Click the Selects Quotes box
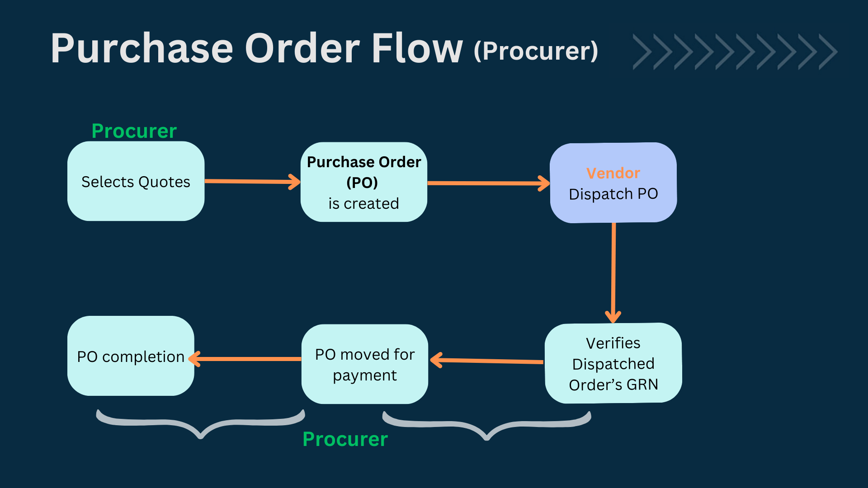click(136, 181)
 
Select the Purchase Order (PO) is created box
click(364, 182)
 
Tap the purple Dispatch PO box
click(613, 183)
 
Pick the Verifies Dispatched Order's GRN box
click(613, 363)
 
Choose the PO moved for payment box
click(364, 364)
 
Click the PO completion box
click(131, 356)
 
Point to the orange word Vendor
click(613, 173)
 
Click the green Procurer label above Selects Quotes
click(134, 131)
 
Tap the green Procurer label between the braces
click(345, 439)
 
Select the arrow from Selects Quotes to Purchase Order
click(252, 182)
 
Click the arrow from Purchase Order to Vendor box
click(488, 183)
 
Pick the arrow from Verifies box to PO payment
click(487, 361)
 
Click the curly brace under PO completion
click(201, 425)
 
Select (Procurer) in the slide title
click(536, 51)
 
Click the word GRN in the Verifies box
click(642, 385)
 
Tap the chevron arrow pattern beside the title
click(735, 52)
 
